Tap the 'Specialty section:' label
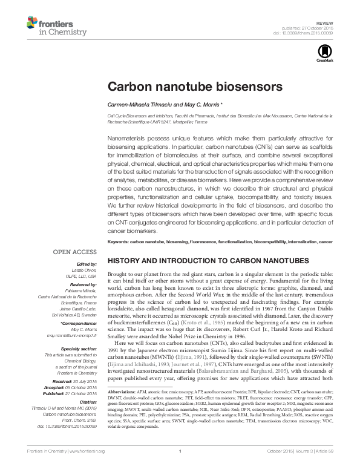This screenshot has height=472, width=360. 78,349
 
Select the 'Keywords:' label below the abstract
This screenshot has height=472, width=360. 120,241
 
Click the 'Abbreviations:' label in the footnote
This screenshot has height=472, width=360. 122,426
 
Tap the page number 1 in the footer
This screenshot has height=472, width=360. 180,468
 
